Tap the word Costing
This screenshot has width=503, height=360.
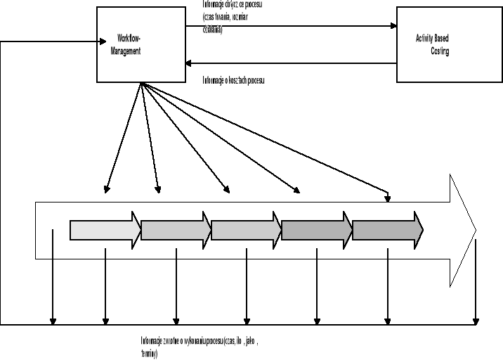click(x=440, y=52)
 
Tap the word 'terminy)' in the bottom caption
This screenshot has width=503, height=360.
click(x=150, y=354)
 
